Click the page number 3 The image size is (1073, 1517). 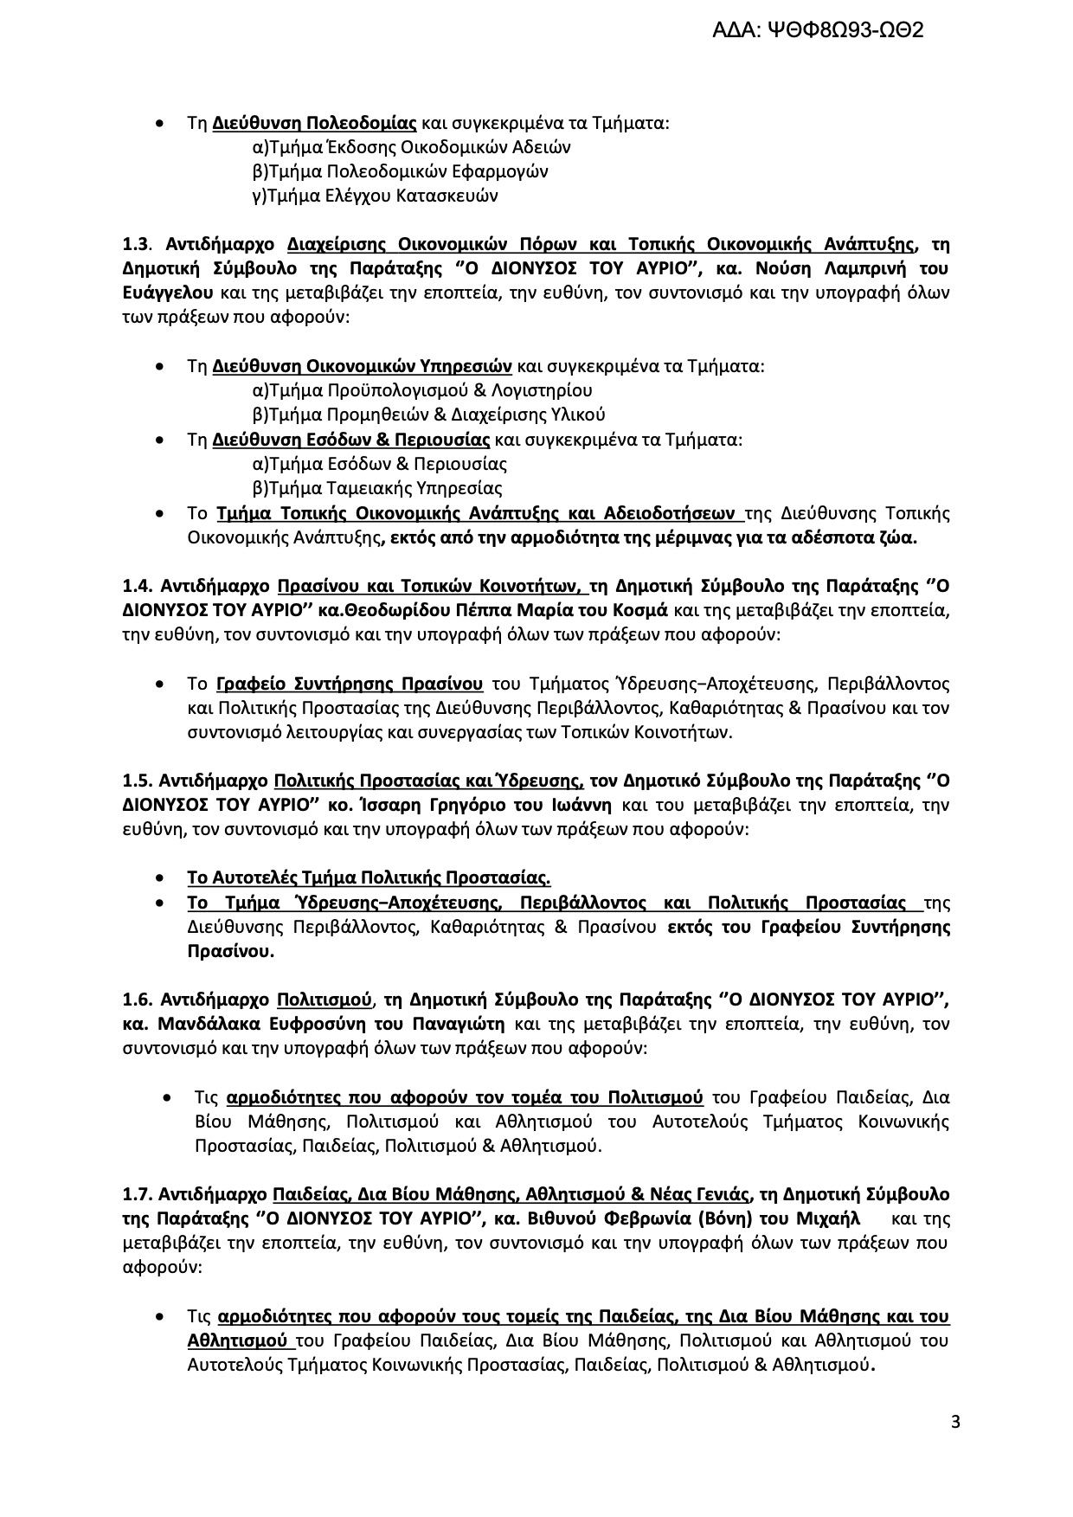click(x=955, y=1422)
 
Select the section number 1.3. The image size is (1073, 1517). click(x=137, y=244)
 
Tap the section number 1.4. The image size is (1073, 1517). click(x=138, y=586)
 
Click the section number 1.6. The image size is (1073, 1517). click(x=138, y=1000)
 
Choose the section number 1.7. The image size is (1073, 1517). click(x=138, y=1195)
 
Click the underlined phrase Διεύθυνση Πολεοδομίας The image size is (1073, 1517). click(x=315, y=123)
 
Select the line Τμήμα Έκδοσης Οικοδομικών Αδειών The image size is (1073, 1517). click(x=412, y=147)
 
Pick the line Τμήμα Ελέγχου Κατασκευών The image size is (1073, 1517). click(x=376, y=196)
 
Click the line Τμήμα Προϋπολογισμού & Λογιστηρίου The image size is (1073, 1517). click(x=422, y=390)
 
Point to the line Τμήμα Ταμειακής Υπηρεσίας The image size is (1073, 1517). click(x=377, y=488)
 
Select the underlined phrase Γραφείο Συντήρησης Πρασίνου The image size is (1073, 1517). click(x=350, y=684)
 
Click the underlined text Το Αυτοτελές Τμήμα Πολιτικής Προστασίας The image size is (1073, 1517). click(x=369, y=878)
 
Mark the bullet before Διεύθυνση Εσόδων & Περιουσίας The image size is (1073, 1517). click(x=159, y=440)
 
